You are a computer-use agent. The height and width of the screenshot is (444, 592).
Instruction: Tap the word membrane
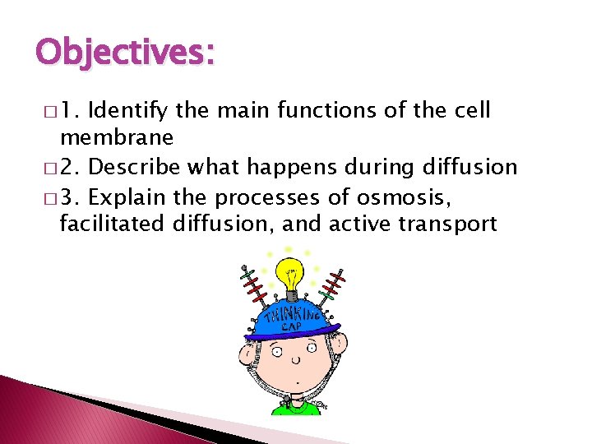[x=116, y=137]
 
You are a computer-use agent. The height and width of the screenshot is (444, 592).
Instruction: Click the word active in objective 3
[x=354, y=223]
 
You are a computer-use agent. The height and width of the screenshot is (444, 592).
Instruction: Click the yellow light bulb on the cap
[x=289, y=275]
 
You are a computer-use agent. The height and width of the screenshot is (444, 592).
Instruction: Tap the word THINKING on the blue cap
[x=288, y=313]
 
